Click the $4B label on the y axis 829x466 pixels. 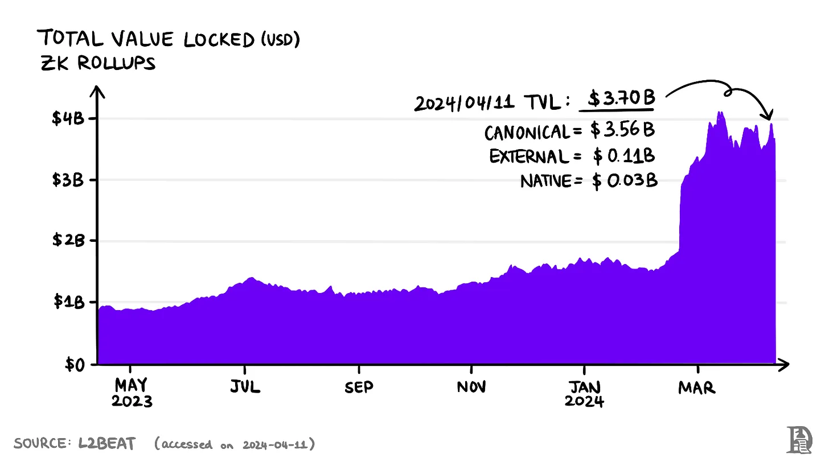68,119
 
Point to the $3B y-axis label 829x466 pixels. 68,180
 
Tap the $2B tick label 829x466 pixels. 68,241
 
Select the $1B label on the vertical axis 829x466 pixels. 68,302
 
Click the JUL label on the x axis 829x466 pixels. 245,387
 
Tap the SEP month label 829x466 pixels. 359,387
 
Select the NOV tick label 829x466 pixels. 471,387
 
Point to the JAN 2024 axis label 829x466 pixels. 584,393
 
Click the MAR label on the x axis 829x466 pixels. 696,387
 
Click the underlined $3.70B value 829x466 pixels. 621,99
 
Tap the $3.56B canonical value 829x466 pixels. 622,131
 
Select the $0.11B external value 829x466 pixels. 623,155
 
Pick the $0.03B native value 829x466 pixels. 625,182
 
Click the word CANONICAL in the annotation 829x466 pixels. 527,133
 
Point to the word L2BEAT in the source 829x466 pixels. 107,444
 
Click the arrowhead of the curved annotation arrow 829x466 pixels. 769,115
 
